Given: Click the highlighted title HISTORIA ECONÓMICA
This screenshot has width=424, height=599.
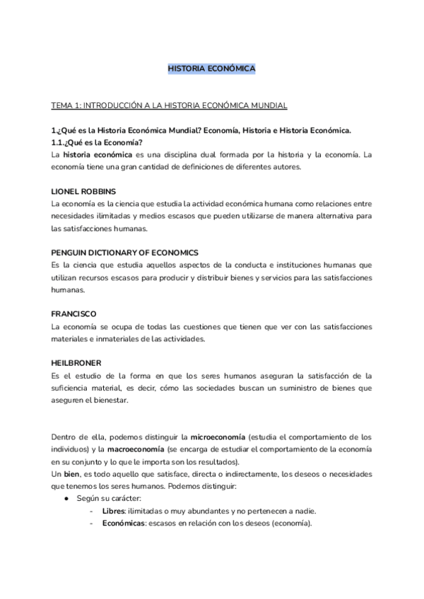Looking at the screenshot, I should click(211, 69).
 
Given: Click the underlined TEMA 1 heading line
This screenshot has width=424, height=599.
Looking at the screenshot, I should click(169, 105).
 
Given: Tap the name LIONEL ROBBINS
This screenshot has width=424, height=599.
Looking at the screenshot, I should click(83, 191).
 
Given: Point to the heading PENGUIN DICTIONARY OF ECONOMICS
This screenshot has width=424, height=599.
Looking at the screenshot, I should click(124, 252).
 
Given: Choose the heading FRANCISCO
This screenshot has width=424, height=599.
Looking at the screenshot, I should click(74, 314).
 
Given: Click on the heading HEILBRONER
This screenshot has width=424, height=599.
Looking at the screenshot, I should click(78, 362).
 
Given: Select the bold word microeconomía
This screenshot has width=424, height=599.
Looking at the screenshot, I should click(220, 437).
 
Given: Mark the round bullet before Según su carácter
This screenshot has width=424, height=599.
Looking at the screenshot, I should click(66, 499).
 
